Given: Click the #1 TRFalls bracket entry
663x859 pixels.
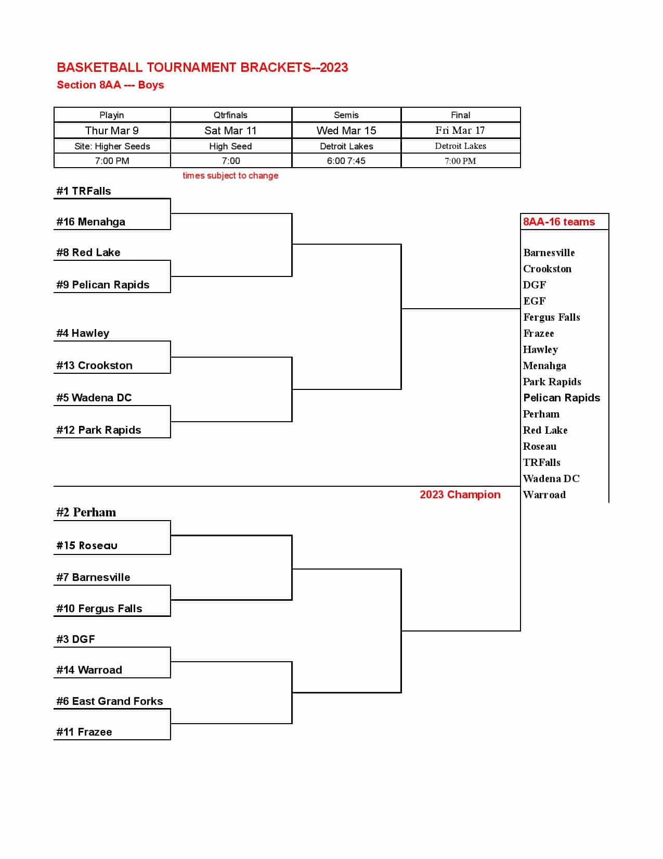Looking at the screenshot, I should click(x=84, y=191).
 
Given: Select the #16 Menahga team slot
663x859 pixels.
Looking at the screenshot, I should click(x=90, y=222).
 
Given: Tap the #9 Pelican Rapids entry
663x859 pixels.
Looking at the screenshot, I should click(x=102, y=285).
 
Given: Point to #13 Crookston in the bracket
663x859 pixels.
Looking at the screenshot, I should click(x=94, y=365).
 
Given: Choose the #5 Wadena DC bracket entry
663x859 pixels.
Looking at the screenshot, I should click(x=94, y=398).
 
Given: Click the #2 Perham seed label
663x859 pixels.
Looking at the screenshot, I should click(x=86, y=512).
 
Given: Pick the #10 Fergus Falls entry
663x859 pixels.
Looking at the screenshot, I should click(x=99, y=609).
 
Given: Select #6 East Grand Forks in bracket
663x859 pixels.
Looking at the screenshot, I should click(x=109, y=701).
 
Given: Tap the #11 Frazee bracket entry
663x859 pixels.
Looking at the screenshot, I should click(x=84, y=732).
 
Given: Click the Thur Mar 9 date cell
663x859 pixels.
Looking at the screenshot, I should click(x=112, y=131).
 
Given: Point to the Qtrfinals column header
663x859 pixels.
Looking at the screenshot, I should click(x=230, y=115).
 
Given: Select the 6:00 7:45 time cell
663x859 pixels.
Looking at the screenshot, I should click(x=346, y=161).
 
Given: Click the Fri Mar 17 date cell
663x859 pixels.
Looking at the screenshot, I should click(x=460, y=131).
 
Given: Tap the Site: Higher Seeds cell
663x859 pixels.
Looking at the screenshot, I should click(x=112, y=146).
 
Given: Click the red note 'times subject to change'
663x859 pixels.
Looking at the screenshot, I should click(x=230, y=175).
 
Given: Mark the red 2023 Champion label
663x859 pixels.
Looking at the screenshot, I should click(x=460, y=495).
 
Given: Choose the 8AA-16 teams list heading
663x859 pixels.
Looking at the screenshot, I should click(x=558, y=222).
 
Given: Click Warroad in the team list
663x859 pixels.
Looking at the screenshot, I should click(x=544, y=495).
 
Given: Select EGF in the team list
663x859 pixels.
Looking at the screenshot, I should click(x=534, y=301).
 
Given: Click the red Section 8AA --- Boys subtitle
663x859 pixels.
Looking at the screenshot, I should click(x=110, y=85).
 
